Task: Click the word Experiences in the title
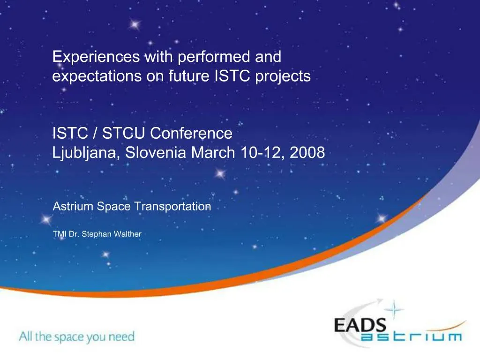click(x=96, y=57)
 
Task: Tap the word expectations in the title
click(x=97, y=76)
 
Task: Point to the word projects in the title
click(x=283, y=76)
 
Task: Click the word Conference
click(x=191, y=133)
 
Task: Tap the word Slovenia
click(x=156, y=152)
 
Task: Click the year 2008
click(x=307, y=152)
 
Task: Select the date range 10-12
click(x=260, y=152)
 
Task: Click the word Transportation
click(x=172, y=206)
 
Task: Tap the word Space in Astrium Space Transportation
click(x=113, y=207)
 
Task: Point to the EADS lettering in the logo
click(x=360, y=325)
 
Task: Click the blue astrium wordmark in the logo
click(x=411, y=337)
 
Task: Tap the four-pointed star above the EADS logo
click(x=394, y=309)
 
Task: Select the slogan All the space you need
click(x=77, y=337)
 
